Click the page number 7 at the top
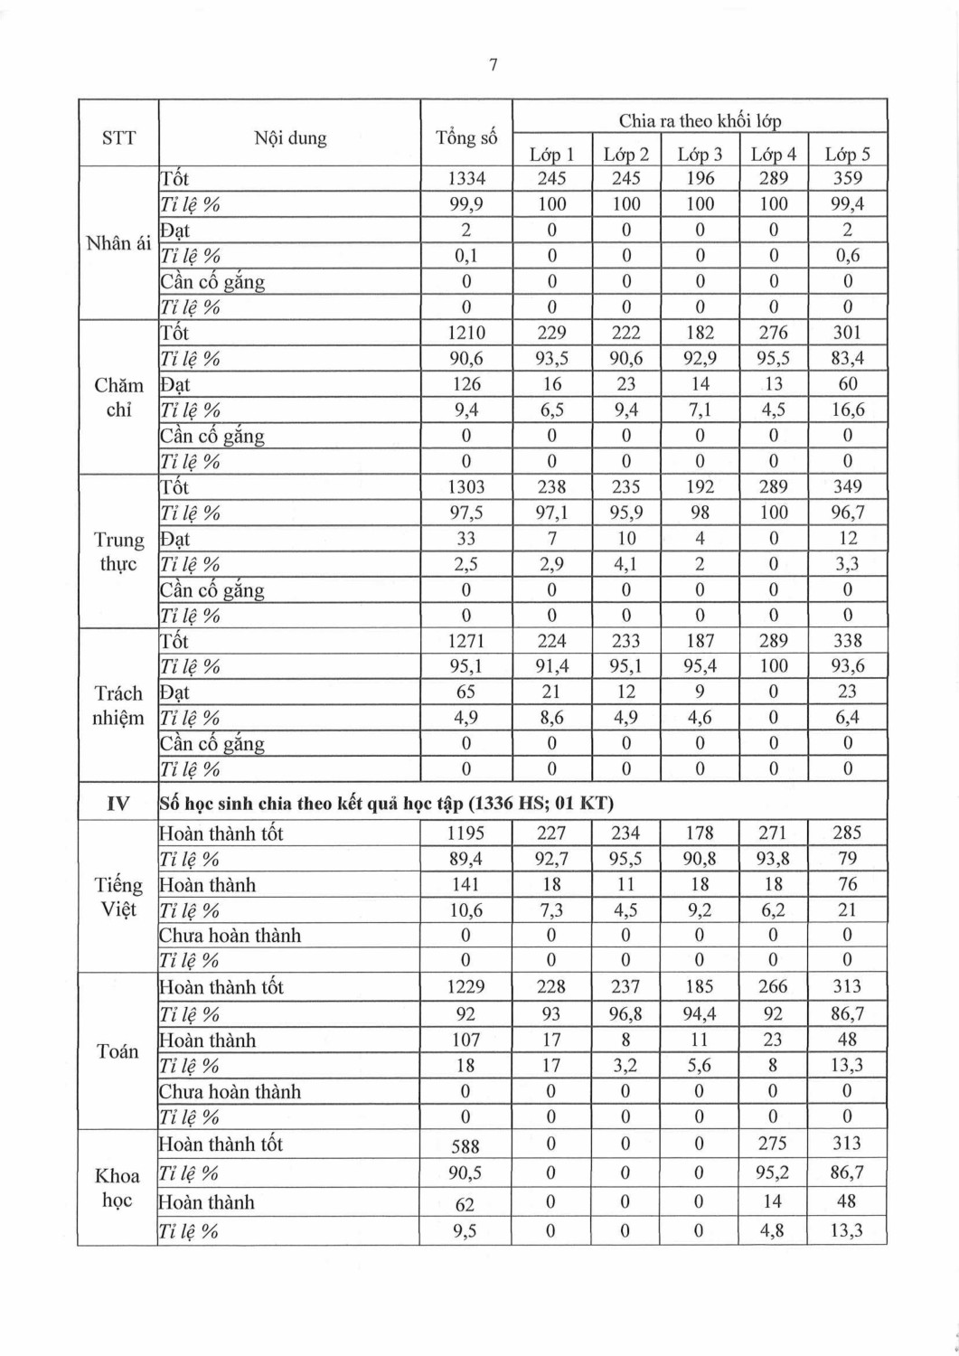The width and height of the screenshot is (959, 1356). click(x=493, y=65)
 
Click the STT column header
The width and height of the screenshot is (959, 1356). click(x=118, y=137)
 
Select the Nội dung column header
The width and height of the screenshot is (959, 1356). click(x=290, y=137)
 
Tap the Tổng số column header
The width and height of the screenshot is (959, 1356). click(x=466, y=137)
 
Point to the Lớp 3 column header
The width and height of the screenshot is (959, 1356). click(x=700, y=155)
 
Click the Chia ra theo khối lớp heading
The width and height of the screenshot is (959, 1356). click(x=700, y=120)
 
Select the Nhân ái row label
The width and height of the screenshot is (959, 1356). click(x=118, y=243)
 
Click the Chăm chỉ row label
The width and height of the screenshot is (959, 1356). click(x=118, y=397)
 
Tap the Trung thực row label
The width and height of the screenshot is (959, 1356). click(x=118, y=551)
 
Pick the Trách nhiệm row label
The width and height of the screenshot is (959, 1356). click(x=118, y=705)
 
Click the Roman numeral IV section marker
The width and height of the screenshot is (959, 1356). click(x=118, y=803)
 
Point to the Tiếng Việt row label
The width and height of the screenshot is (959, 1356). click(x=118, y=897)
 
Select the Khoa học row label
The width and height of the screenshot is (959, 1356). click(x=118, y=1187)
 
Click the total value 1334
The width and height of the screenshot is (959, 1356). click(x=466, y=179)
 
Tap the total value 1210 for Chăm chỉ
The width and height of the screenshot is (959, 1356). click(x=466, y=333)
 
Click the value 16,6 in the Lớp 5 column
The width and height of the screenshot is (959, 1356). click(x=847, y=410)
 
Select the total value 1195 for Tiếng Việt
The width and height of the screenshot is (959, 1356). click(x=466, y=833)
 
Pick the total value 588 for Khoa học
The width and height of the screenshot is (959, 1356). click(x=465, y=1146)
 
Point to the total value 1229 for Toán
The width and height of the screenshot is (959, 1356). click(x=466, y=987)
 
